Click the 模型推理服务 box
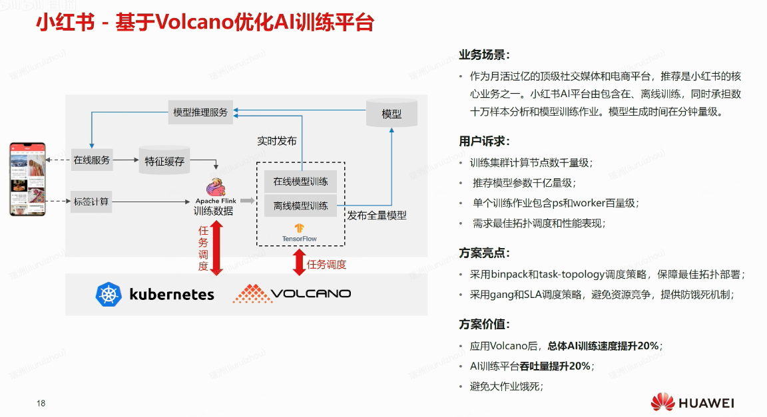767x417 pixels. coord(200,112)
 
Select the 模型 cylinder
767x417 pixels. coord(391,113)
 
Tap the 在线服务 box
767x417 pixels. coord(92,160)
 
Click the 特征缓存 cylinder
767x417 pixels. coord(164,160)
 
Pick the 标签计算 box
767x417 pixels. coord(91,201)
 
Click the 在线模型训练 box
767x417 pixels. coord(300,182)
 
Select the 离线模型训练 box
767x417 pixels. coord(300,206)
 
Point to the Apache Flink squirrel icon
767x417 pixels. coord(215,188)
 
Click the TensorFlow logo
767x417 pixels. coord(299,229)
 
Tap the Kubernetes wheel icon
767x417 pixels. coord(108,294)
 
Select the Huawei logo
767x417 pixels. coord(692,402)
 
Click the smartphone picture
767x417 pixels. coord(27,178)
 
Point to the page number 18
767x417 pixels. coord(41,403)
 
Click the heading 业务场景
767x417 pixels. coord(485,55)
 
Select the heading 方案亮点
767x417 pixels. coord(485,253)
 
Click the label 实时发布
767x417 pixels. coord(277,141)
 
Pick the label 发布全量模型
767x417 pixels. coord(377,215)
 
